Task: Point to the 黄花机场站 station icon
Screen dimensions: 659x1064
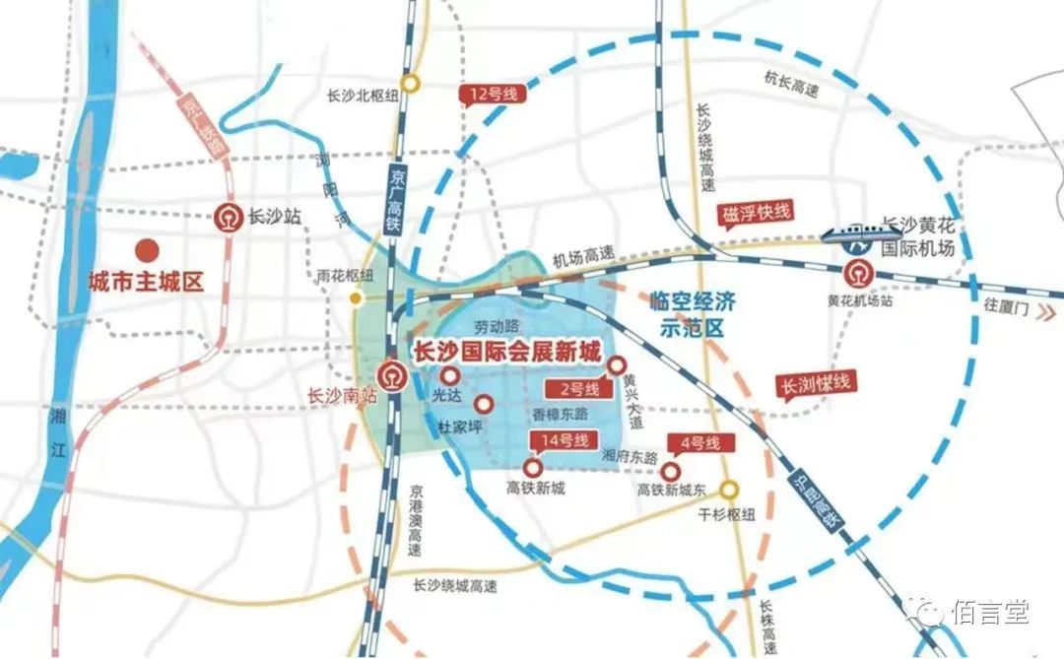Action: [x=856, y=271]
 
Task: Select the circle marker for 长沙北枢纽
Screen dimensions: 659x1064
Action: [x=409, y=84]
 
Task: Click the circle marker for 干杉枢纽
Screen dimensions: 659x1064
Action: [x=729, y=489]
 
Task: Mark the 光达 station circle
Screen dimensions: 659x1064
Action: [x=449, y=375]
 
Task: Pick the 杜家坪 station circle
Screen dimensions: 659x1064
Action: [x=484, y=404]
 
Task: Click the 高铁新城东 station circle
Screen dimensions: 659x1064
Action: [x=670, y=471]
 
